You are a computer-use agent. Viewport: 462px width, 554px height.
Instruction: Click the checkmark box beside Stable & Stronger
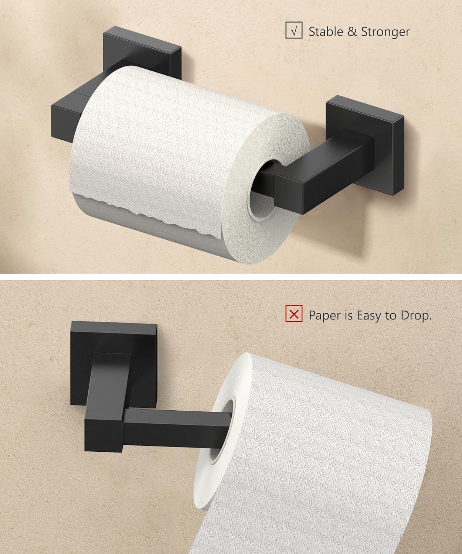point(294,31)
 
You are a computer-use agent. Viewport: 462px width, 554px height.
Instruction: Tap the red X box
point(294,315)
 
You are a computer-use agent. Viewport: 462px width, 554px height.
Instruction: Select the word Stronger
point(385,32)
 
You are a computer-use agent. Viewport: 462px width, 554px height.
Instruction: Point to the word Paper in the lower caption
point(323,316)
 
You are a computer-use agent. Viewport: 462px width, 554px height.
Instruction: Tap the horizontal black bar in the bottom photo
point(174,425)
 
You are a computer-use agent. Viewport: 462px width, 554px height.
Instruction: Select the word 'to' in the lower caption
point(391,316)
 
